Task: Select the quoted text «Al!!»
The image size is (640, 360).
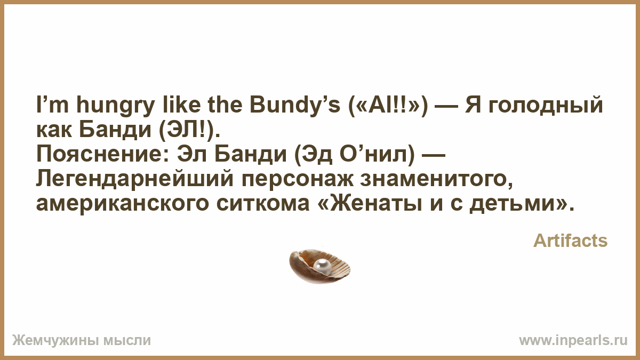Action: pyautogui.click(x=388, y=105)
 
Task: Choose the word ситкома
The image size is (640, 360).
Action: pyautogui.click(x=263, y=204)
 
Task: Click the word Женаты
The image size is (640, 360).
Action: pyautogui.click(x=375, y=204)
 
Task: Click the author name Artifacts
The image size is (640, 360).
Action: pyautogui.click(x=570, y=241)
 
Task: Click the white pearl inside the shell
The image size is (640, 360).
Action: pyautogui.click(x=322, y=266)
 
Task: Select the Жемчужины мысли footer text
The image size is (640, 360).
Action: pyautogui.click(x=82, y=340)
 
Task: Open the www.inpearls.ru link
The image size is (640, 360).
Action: pyautogui.click(x=573, y=340)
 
